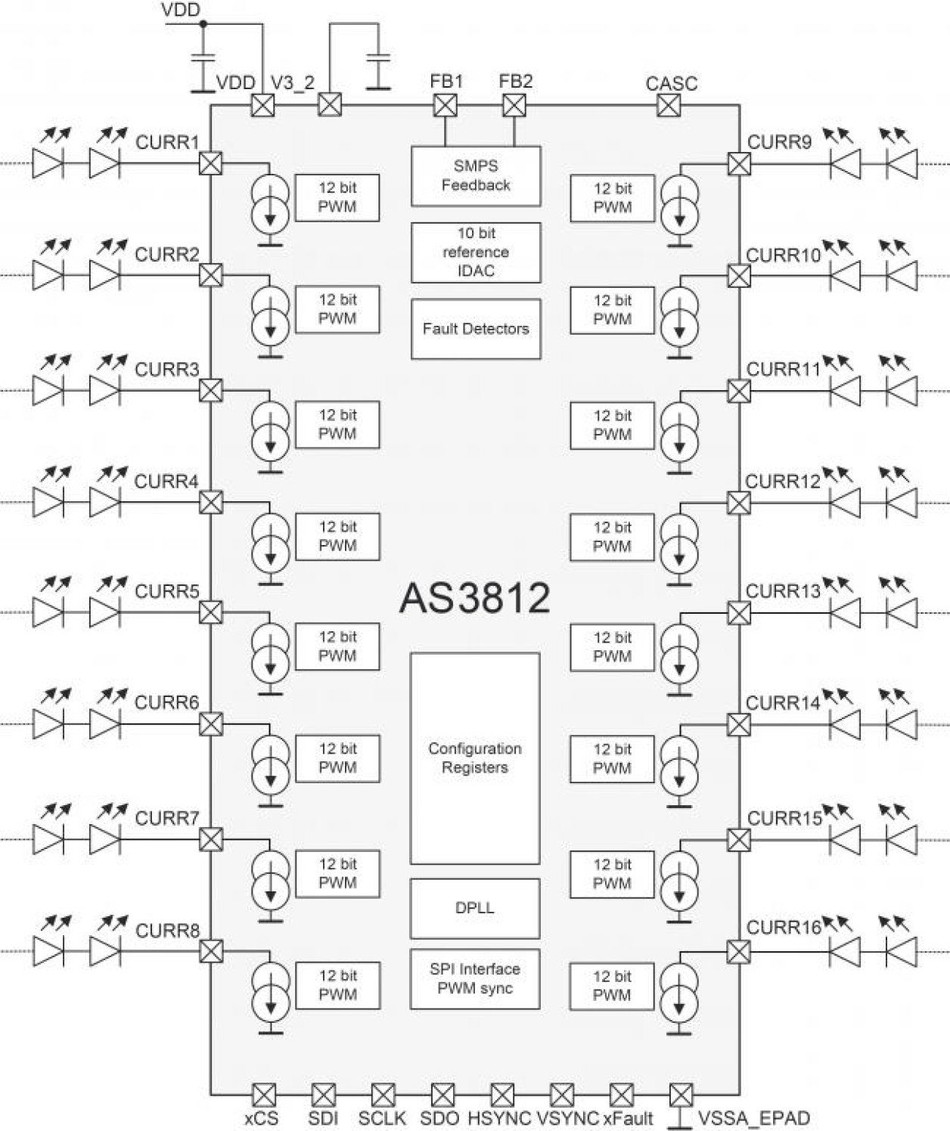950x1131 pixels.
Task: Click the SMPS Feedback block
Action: click(476, 176)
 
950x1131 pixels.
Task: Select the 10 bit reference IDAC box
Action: click(476, 252)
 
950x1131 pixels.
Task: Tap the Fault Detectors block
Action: click(476, 329)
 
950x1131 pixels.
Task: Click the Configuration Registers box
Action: click(475, 758)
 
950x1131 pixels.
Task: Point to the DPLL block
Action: click(475, 908)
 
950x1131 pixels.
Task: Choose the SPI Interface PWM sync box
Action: click(475, 978)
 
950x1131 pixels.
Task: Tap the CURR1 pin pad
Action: click(210, 163)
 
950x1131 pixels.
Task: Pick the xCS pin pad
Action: click(263, 1094)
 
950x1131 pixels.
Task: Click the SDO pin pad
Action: click(442, 1094)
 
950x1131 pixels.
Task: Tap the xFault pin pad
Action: click(621, 1094)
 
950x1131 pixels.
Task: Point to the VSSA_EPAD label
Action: click(753, 1118)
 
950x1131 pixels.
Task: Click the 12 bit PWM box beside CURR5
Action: click(337, 646)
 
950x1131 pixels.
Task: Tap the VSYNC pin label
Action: click(567, 1118)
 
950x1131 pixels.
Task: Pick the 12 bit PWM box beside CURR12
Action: click(612, 537)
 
